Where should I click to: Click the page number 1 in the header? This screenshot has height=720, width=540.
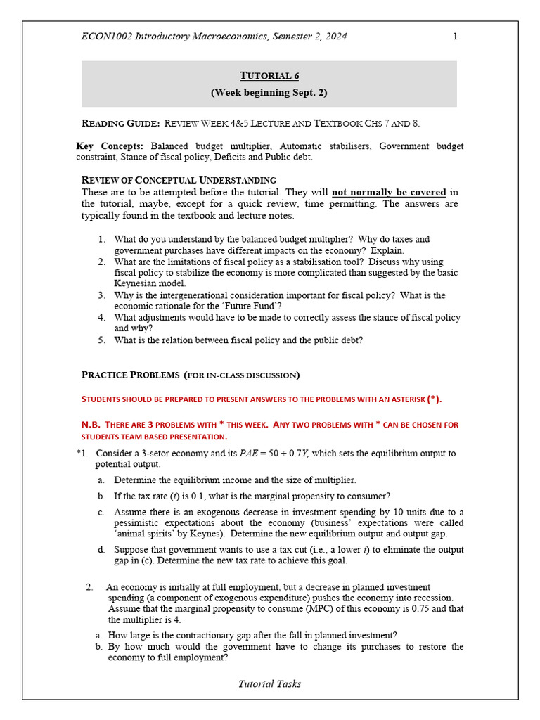click(455, 37)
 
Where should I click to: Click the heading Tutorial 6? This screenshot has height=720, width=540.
click(269, 76)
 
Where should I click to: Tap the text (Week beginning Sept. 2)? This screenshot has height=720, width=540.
click(269, 92)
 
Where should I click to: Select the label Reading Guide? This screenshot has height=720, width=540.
click(120, 123)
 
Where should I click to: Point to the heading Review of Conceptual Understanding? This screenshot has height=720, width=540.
click(179, 180)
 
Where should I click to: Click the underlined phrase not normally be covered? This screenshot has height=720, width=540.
click(389, 192)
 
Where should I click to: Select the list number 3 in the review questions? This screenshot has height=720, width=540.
click(102, 296)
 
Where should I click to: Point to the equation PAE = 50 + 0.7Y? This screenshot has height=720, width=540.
click(274, 454)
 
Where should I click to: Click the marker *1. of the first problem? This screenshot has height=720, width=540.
click(82, 454)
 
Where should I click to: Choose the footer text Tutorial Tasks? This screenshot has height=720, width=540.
click(269, 683)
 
